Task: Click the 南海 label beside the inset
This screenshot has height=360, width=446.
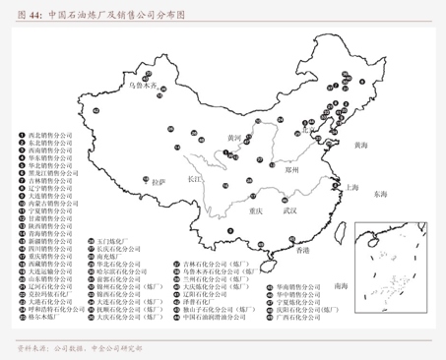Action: click(341, 285)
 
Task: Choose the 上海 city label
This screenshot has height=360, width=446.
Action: click(352, 186)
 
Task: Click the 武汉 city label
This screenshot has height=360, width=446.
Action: click(289, 210)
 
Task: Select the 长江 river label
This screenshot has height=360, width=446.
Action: click(193, 180)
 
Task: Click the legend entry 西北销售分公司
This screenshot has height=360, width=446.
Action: click(50, 134)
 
